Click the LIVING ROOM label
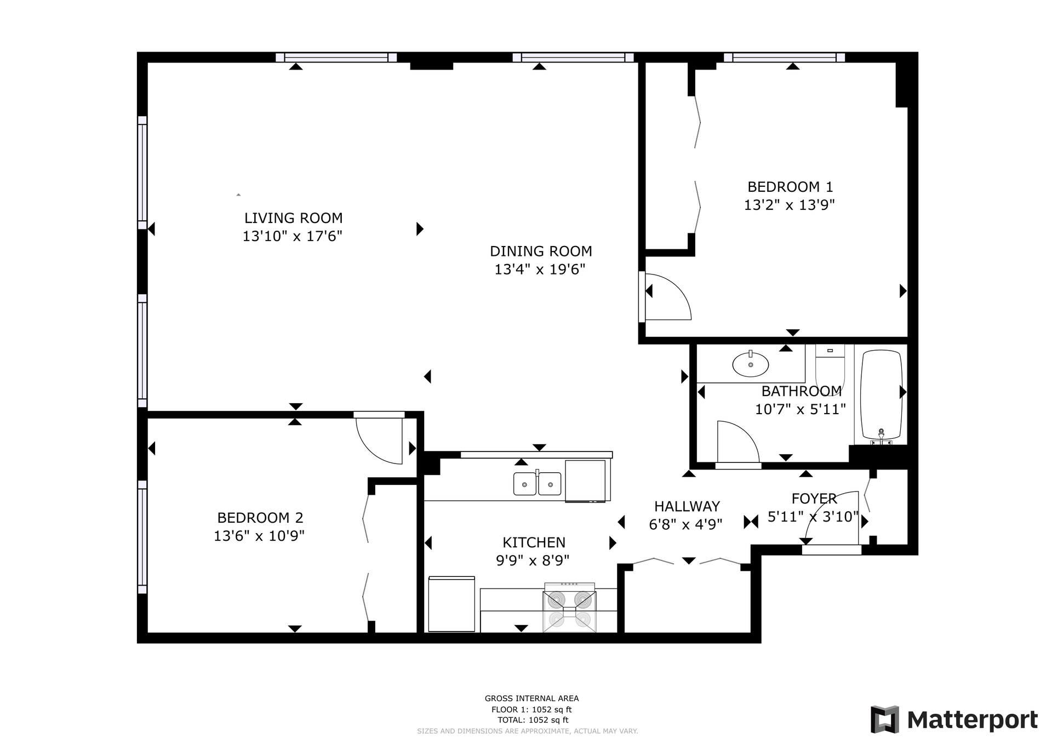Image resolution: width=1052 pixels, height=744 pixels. click(293, 218)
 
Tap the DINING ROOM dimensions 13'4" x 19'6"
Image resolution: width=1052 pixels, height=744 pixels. click(540, 270)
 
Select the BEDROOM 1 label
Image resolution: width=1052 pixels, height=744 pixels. click(790, 187)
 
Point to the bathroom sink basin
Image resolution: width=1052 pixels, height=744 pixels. click(751, 364)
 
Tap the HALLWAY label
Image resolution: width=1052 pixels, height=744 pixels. click(687, 506)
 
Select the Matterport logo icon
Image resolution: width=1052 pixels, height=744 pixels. click(885, 719)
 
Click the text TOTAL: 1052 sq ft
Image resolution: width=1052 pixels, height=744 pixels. click(533, 720)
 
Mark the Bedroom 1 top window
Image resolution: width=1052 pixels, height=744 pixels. click(785, 58)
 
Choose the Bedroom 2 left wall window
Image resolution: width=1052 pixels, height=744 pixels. click(142, 537)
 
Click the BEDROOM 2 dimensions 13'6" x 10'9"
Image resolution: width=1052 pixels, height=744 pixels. click(259, 536)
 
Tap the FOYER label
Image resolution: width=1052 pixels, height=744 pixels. click(814, 499)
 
